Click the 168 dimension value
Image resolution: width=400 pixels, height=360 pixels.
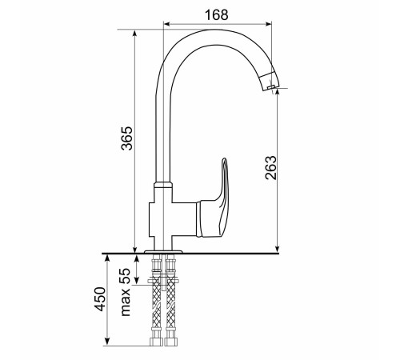pyautogui.click(x=216, y=15)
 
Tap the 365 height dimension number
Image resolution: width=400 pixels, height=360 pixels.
pyautogui.click(x=127, y=138)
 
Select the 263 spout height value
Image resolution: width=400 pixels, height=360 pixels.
pyautogui.click(x=271, y=167)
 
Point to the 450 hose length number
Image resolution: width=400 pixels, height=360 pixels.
pyautogui.click(x=101, y=299)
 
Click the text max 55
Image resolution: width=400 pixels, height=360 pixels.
pyautogui.click(x=126, y=292)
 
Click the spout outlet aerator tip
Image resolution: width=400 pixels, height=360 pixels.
pyautogui.click(x=271, y=87)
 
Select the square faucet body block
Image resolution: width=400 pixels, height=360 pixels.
pyautogui.click(x=173, y=219)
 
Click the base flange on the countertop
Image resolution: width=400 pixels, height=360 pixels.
pyautogui.click(x=163, y=251)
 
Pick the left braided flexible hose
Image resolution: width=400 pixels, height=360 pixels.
pyautogui.click(x=156, y=299)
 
